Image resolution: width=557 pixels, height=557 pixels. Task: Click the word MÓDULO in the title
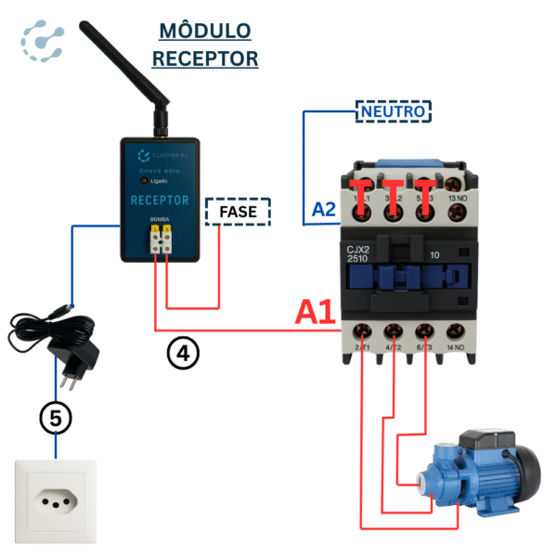pos(205,31)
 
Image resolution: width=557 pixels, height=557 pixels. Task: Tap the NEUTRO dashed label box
pos(393,112)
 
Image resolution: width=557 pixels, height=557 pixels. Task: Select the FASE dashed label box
pos(237,212)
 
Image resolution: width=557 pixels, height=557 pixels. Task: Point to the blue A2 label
pos(323,209)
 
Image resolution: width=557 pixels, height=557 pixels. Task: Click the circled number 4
pos(183,353)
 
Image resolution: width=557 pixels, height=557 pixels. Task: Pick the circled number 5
pos(55,419)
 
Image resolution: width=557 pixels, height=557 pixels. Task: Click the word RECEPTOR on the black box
pos(160,201)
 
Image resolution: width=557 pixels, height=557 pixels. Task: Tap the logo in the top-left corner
pos(43,42)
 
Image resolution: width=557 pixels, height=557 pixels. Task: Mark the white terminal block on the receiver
pos(160,246)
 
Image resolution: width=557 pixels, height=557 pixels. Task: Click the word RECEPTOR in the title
pos(205,58)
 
